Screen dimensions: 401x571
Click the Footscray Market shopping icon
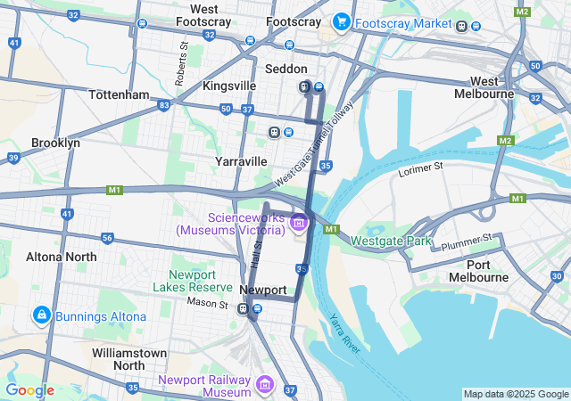pyautogui.click(x=340, y=20)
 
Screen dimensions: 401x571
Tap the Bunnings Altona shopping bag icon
pyautogui.click(x=41, y=315)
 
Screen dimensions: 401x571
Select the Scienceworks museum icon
pyautogui.click(x=298, y=222)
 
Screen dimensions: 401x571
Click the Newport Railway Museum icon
pyautogui.click(x=264, y=384)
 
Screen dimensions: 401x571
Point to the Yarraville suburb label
pyautogui.click(x=241, y=161)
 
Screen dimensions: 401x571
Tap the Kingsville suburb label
pyautogui.click(x=229, y=86)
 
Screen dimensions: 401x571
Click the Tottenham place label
pyautogui.click(x=119, y=94)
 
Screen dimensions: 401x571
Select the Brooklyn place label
pyautogui.click(x=55, y=143)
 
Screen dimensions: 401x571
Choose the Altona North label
pyautogui.click(x=62, y=257)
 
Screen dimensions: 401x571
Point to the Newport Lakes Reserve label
pyautogui.click(x=193, y=281)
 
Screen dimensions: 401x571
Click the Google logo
pyautogui.click(x=29, y=390)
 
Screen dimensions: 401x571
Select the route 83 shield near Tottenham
pyautogui.click(x=163, y=105)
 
